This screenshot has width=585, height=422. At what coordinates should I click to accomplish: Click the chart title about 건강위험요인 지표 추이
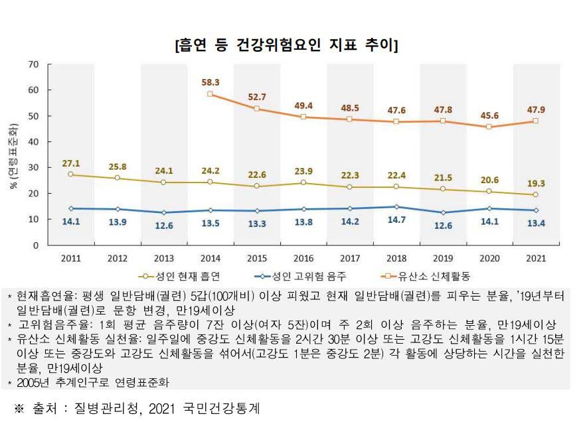[286, 45]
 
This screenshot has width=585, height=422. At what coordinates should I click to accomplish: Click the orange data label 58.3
[210, 82]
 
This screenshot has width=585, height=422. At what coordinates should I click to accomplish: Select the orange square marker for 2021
[535, 121]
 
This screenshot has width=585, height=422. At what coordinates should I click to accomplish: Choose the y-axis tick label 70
[34, 64]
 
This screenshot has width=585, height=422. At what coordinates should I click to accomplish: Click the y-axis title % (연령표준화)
[11, 154]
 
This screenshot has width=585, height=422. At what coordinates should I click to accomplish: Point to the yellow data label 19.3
[535, 182]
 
